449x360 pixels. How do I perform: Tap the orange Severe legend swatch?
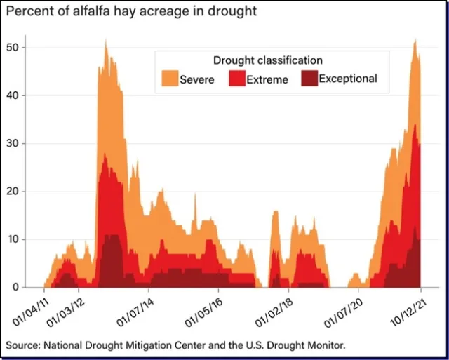(x=170, y=78)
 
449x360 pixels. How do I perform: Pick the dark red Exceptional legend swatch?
(x=309, y=78)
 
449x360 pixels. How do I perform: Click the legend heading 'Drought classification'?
(x=267, y=60)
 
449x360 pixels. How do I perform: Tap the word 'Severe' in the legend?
(x=198, y=79)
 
